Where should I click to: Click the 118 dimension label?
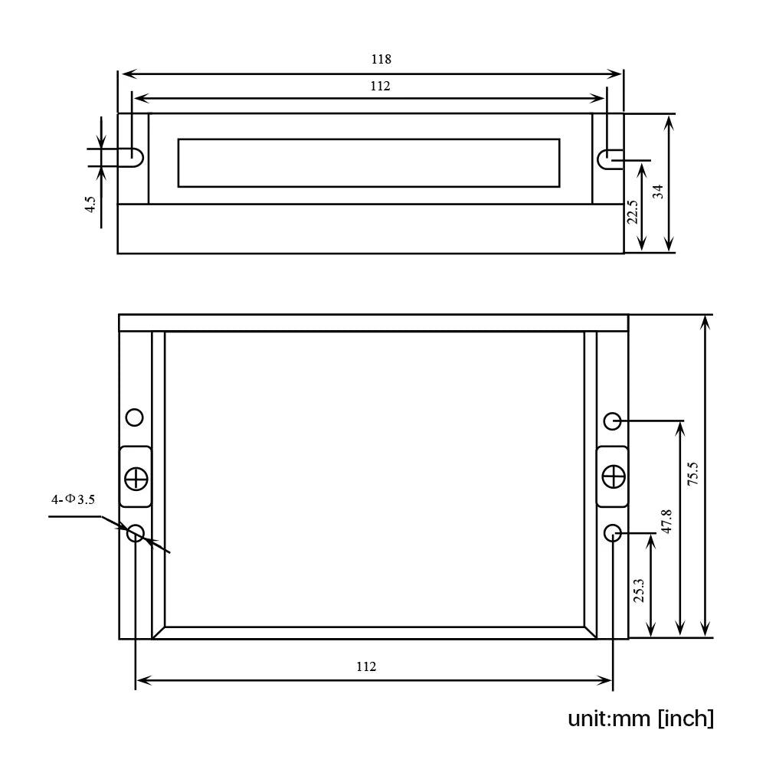pyautogui.click(x=381, y=59)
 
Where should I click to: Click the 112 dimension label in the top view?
pyautogui.click(x=380, y=86)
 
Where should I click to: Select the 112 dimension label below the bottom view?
pyautogui.click(x=366, y=666)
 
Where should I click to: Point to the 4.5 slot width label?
pyautogui.click(x=90, y=204)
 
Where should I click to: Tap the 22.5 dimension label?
pyautogui.click(x=633, y=211)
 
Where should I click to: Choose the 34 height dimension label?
pyautogui.click(x=659, y=191)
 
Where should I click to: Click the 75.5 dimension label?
pyautogui.click(x=692, y=473)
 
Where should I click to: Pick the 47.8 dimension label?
pyautogui.click(x=666, y=521)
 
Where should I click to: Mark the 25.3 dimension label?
pyautogui.click(x=639, y=590)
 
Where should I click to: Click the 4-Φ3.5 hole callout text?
pyautogui.click(x=74, y=499)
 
